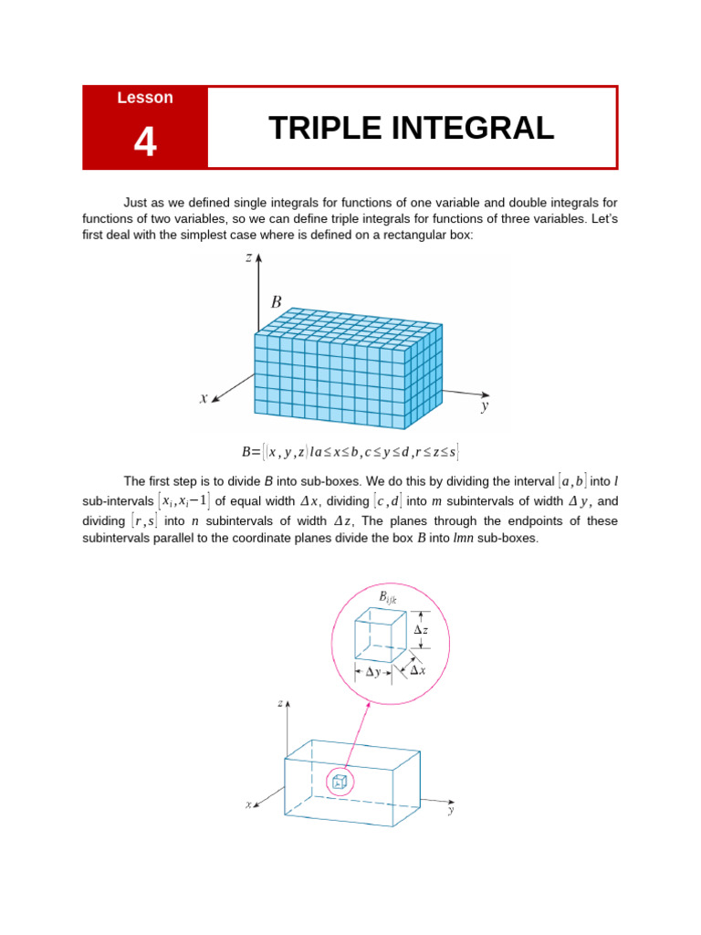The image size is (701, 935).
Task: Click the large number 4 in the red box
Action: [145, 142]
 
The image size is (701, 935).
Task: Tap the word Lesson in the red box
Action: [145, 98]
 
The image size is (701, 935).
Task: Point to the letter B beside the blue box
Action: [276, 301]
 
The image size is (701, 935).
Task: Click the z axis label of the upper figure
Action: [248, 258]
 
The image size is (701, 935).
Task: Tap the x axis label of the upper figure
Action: [204, 397]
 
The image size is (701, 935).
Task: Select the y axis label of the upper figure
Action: [486, 407]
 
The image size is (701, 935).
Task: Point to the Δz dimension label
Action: [421, 630]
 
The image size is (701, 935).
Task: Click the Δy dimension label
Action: [373, 672]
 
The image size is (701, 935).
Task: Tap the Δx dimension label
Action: [418, 670]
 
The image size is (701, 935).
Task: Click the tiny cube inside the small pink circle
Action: [340, 781]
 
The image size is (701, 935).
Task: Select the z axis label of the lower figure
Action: [279, 704]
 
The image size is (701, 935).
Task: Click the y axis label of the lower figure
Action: [451, 809]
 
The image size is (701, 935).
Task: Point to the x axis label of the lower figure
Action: [248, 804]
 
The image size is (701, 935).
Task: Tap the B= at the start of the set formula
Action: [251, 451]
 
